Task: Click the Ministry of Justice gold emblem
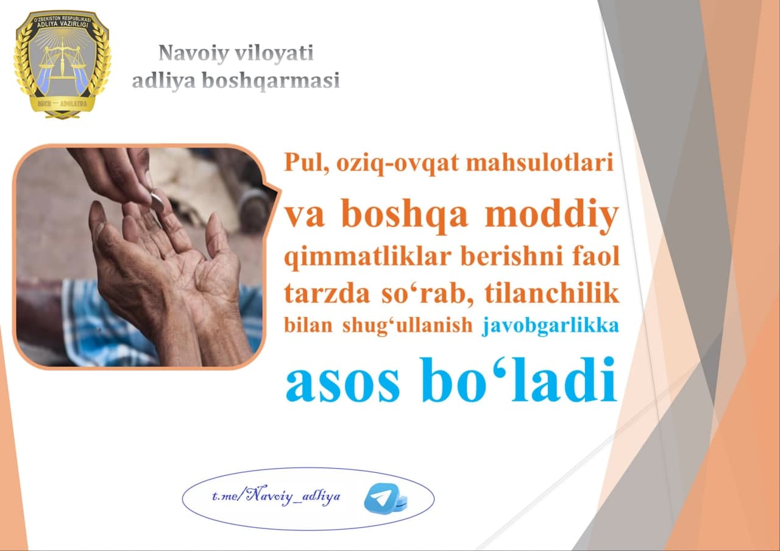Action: click(62, 65)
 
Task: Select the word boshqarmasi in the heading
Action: click(271, 81)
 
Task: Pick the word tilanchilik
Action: click(552, 293)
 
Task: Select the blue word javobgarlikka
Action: click(550, 326)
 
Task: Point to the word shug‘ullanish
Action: click(407, 326)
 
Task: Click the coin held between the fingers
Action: click(157, 202)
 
